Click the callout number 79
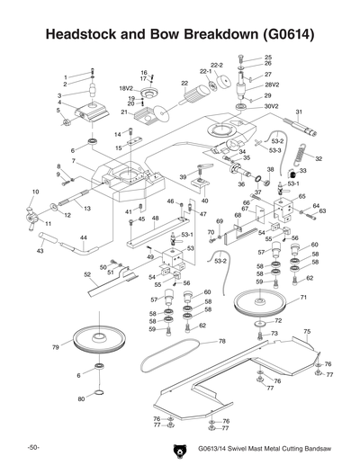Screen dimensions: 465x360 (x=55, y=346)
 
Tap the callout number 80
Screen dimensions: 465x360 (x=81, y=398)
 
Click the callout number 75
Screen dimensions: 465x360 (x=307, y=332)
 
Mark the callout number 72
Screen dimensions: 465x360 (x=278, y=319)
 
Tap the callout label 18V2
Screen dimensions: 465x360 (x=126, y=89)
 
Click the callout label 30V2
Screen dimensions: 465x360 (x=272, y=106)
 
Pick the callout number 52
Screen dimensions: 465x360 (x=87, y=274)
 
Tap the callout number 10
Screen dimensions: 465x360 (x=35, y=192)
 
